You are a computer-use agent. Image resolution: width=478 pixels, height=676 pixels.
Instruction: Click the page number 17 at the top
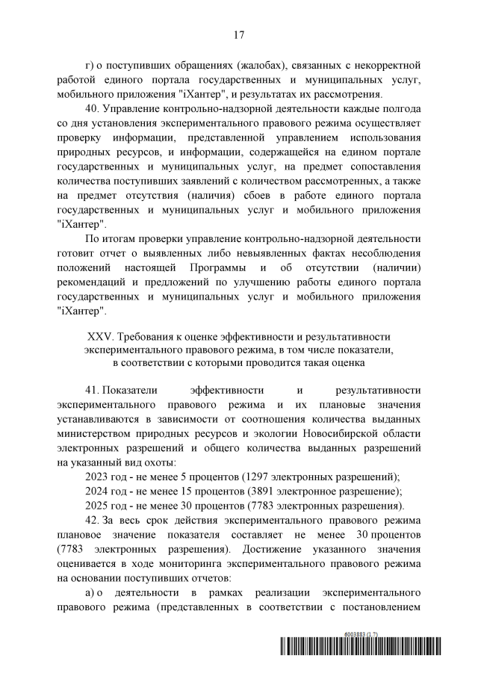click(239, 34)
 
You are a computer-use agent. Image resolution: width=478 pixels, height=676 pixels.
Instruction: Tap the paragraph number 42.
click(94, 520)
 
